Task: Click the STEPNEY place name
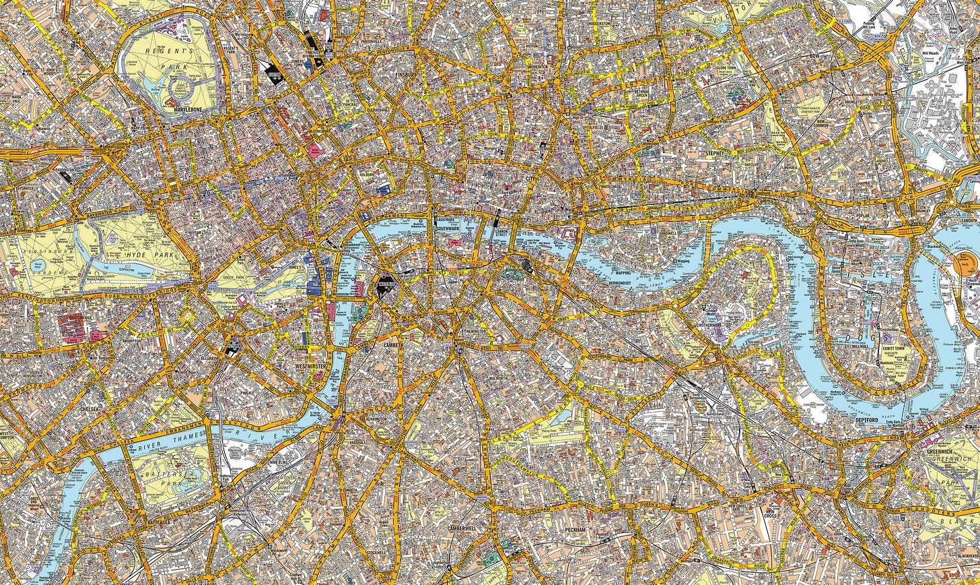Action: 715,153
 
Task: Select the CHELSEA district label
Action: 90,408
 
